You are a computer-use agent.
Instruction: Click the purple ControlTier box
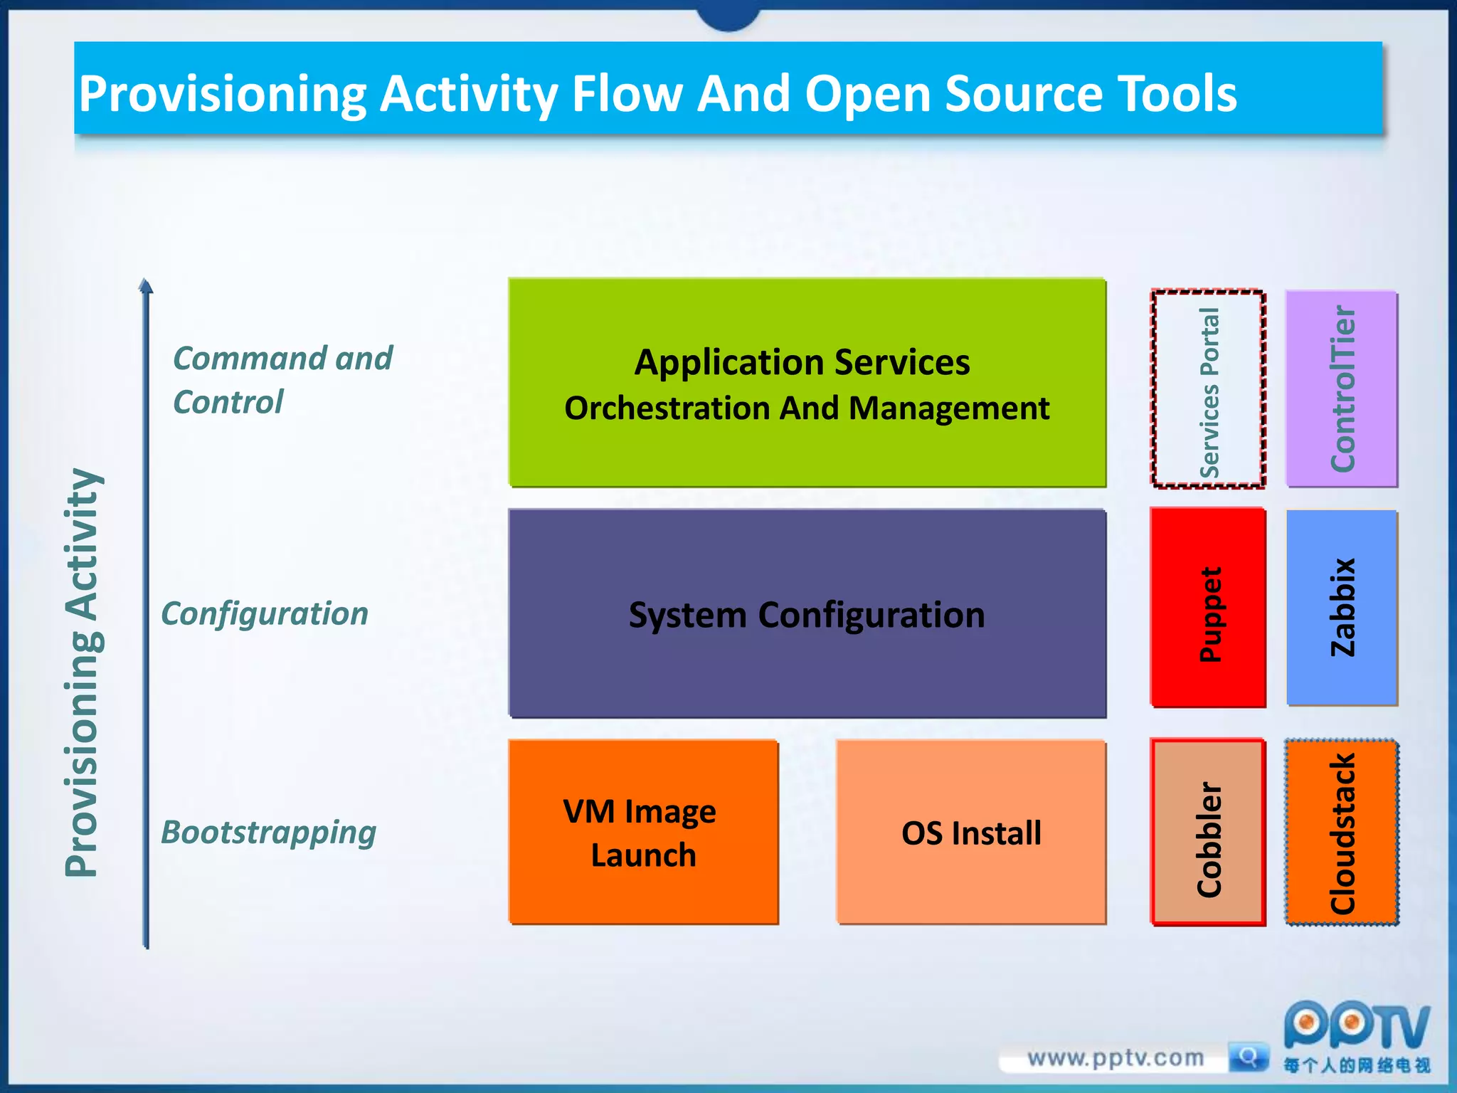(1342, 389)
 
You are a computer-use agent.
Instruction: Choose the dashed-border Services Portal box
(1208, 389)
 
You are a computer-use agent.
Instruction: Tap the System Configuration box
(807, 613)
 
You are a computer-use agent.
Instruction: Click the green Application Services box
(807, 383)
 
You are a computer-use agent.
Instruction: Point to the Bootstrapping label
(268, 832)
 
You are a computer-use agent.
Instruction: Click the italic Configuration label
(265, 613)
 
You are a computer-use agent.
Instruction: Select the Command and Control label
(282, 380)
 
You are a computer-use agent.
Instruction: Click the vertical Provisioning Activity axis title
(83, 672)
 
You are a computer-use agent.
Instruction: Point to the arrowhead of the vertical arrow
(146, 286)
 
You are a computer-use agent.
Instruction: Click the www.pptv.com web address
(1116, 1058)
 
